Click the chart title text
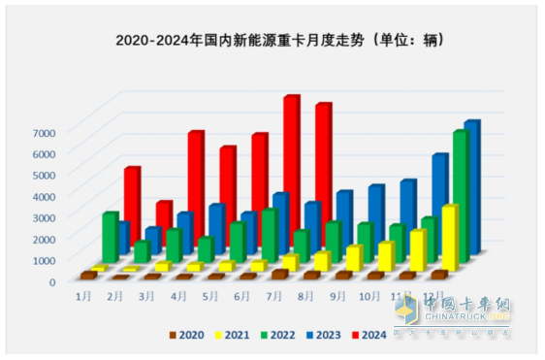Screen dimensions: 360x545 coord(272,41)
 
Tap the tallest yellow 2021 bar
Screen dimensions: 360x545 coord(449,238)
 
